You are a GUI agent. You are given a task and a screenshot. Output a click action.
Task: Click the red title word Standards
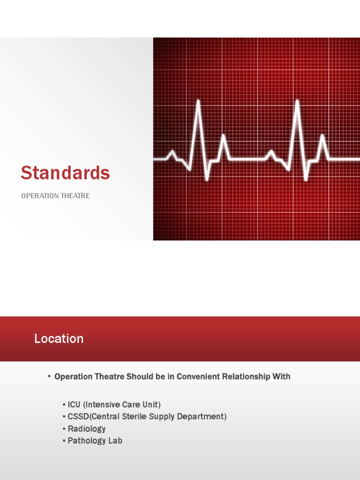click(65, 173)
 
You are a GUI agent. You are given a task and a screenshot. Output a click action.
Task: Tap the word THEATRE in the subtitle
click(75, 196)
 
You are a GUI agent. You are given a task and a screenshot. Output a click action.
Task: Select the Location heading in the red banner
click(59, 338)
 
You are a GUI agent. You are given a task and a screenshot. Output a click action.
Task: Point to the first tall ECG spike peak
click(198, 101)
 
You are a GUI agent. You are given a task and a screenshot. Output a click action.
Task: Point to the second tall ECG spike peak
click(297, 101)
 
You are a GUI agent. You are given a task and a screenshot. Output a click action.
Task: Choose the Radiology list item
click(87, 429)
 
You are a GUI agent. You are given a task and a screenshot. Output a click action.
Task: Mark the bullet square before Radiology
click(64, 429)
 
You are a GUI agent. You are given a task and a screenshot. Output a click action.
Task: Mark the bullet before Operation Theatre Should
click(49, 376)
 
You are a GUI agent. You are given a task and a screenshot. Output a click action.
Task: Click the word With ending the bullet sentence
click(281, 376)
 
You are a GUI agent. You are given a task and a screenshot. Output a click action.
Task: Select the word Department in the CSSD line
click(203, 417)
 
